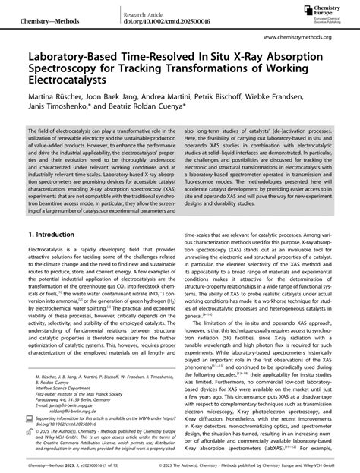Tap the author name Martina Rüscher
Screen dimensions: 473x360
pyautogui.click(x=55, y=104)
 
